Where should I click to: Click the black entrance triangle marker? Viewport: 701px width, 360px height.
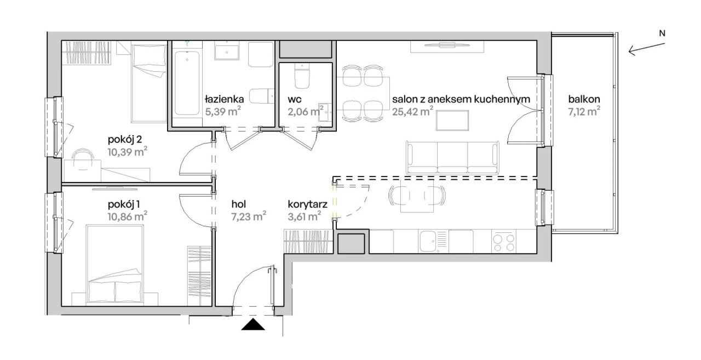click(x=253, y=324)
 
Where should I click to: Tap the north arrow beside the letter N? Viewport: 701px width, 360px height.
click(x=647, y=49)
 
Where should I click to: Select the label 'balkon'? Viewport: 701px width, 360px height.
click(x=584, y=99)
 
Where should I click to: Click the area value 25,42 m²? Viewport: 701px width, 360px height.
click(x=413, y=111)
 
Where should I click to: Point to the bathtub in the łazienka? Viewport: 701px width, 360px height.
click(x=187, y=83)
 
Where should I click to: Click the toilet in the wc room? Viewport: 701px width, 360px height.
click(x=302, y=76)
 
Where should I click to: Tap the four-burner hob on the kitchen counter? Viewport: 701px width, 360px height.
click(x=503, y=243)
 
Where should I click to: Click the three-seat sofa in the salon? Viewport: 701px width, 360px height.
click(x=452, y=157)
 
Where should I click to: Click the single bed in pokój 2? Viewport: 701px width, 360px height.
click(x=149, y=83)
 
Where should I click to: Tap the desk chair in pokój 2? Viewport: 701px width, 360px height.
click(x=83, y=159)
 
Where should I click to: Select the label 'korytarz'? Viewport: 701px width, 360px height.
click(x=308, y=204)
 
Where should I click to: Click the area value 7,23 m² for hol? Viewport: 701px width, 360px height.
click(x=249, y=216)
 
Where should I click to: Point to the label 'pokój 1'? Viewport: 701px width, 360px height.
click(x=124, y=204)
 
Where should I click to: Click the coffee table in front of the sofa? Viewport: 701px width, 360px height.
click(x=452, y=120)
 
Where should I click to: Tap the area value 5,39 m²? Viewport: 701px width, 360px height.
click(x=223, y=111)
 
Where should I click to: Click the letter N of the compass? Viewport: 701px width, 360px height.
click(x=662, y=33)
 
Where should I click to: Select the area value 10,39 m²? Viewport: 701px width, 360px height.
click(x=128, y=152)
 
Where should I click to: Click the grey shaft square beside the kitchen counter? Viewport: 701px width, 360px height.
click(x=351, y=243)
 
